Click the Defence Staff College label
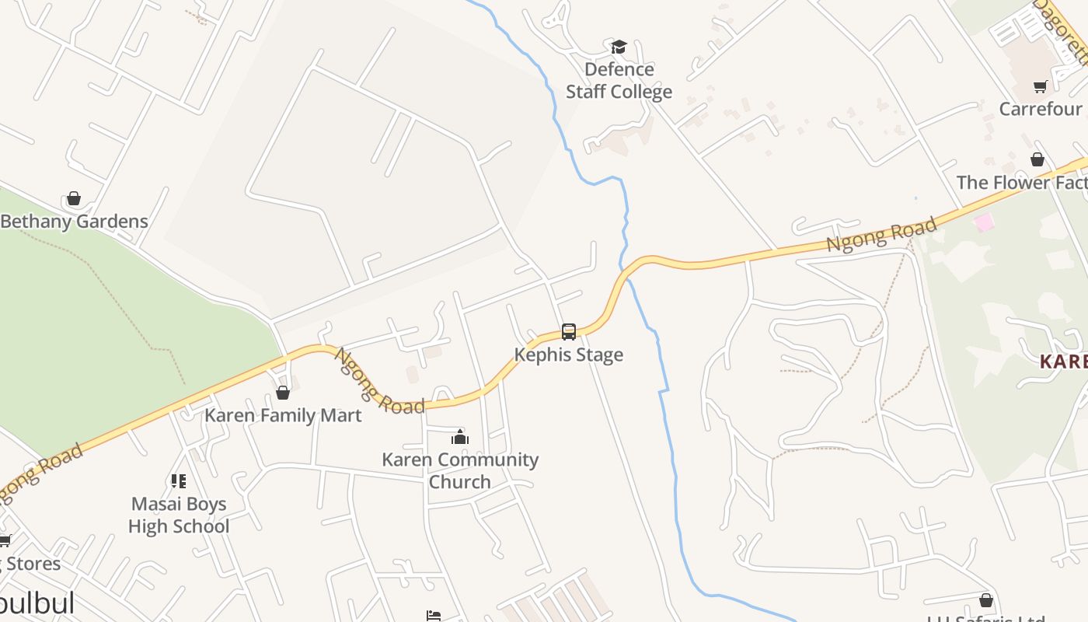pyautogui.click(x=619, y=81)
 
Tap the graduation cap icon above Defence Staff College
pyautogui.click(x=619, y=47)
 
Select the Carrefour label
pyautogui.click(x=1040, y=109)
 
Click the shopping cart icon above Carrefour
pyautogui.click(x=1040, y=86)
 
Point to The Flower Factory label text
pyautogui.click(x=1021, y=183)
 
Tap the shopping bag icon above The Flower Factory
pyautogui.click(x=1037, y=160)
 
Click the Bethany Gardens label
pyautogui.click(x=74, y=221)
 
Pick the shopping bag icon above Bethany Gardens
pyautogui.click(x=74, y=199)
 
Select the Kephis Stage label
pyautogui.click(x=569, y=355)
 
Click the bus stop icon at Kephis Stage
pyautogui.click(x=569, y=332)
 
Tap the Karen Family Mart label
pyautogui.click(x=283, y=415)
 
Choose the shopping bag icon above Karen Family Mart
pyautogui.click(x=283, y=393)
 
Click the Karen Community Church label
pyautogui.click(x=460, y=470)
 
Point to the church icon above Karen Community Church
pyautogui.click(x=460, y=437)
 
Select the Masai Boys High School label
pyautogui.click(x=179, y=515)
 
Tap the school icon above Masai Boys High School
pyautogui.click(x=179, y=481)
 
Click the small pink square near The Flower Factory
pyautogui.click(x=984, y=223)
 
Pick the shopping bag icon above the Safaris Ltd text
pyautogui.click(x=986, y=600)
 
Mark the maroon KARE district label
pyautogui.click(x=1063, y=362)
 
